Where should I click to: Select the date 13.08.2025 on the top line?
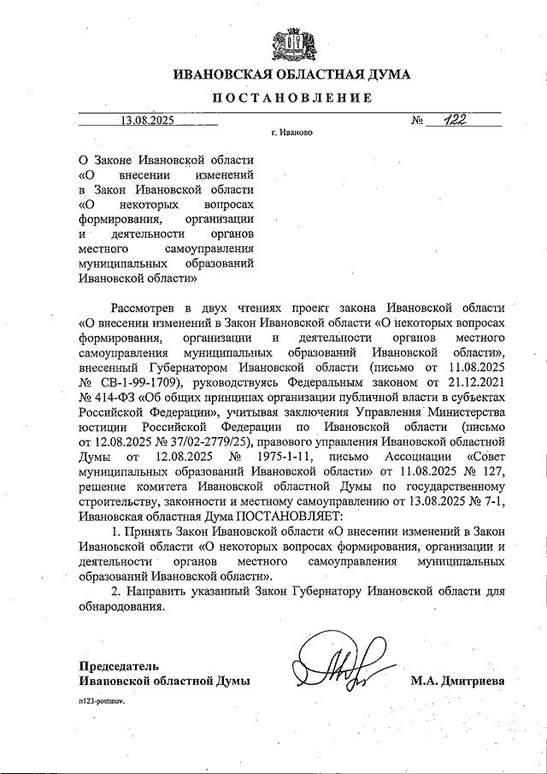pos(148,121)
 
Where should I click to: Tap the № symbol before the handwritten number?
pos(418,121)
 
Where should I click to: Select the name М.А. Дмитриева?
pos(457,681)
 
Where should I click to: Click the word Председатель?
pos(119,665)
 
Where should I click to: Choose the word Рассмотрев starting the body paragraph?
pos(143,308)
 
